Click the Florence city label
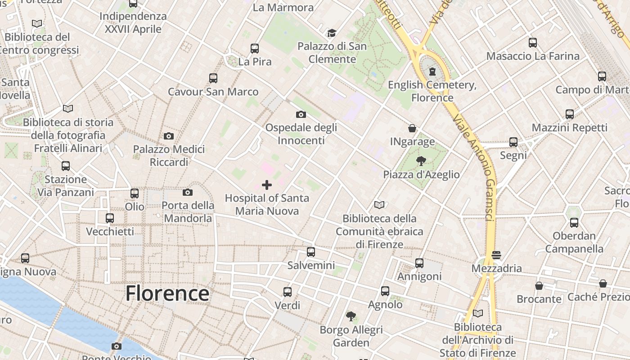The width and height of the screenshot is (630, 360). [167, 293]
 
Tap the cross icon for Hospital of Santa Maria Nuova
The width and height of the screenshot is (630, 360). [267, 184]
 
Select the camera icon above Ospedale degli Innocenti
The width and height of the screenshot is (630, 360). [301, 115]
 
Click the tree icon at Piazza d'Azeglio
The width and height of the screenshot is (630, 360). [421, 161]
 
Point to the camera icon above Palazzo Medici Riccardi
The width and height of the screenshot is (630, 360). [169, 136]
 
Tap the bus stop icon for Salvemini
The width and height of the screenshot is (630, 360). [311, 252]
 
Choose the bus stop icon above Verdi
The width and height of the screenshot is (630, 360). [288, 292]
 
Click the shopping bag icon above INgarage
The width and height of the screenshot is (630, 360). [412, 128]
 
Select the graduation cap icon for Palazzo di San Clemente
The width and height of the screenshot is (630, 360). [332, 33]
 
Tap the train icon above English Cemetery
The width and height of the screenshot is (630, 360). [432, 71]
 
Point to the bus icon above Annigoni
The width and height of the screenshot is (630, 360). [419, 263]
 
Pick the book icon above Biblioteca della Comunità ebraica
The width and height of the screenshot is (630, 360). [379, 205]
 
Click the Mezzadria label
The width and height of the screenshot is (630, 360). [497, 269]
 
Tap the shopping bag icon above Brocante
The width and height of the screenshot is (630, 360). [539, 286]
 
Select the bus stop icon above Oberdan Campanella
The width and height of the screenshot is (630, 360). [574, 222]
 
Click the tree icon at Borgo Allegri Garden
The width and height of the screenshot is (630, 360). [351, 316]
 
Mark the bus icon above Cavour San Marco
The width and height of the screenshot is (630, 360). [213, 78]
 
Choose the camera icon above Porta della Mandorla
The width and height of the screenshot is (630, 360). [188, 193]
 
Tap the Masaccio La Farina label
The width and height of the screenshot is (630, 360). [533, 56]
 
